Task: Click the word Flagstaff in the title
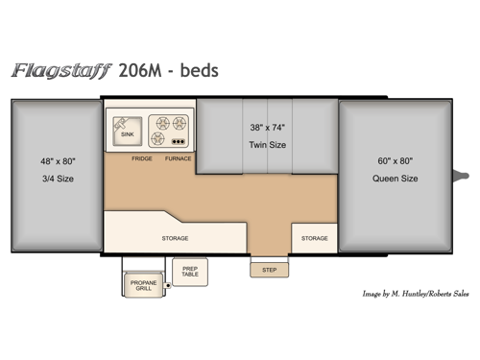[60, 70]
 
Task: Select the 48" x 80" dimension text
[58, 161]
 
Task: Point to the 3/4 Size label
[58, 179]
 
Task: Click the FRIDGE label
[142, 157]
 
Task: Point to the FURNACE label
[178, 157]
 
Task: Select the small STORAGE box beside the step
[314, 237]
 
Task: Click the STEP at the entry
[269, 269]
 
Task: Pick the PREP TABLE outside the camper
[190, 271]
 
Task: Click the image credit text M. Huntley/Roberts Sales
[421, 294]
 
